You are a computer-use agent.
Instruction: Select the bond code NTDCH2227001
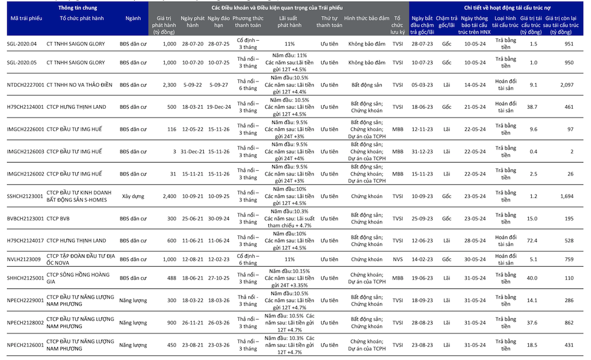pyautogui.click(x=25, y=85)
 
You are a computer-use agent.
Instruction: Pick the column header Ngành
pyautogui.click(x=133, y=18)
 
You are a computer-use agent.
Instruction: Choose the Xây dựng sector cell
pyautogui.click(x=133, y=196)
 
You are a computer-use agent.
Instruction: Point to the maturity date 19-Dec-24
pyautogui.click(x=218, y=106)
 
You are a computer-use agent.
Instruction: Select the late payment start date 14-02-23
pyautogui.click(x=422, y=259)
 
